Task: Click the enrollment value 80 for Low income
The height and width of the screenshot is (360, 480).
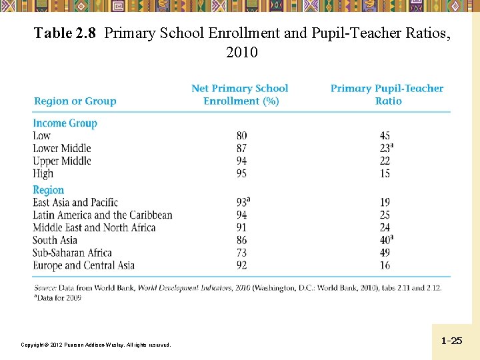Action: tap(241, 136)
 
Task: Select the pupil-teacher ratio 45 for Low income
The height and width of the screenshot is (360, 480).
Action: tap(385, 136)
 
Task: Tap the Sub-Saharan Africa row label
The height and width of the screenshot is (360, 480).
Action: tap(73, 253)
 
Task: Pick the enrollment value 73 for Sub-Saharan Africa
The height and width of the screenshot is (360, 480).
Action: tap(241, 253)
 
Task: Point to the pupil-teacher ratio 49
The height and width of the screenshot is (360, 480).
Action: tap(385, 253)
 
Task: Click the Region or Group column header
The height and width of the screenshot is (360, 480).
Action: tap(75, 101)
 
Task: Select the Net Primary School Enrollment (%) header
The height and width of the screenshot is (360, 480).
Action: tap(240, 95)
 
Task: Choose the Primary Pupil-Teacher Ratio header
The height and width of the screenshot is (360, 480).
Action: tap(387, 95)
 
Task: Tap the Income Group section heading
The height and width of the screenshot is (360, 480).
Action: tap(65, 123)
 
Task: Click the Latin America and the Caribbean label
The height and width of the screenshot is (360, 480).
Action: tap(103, 215)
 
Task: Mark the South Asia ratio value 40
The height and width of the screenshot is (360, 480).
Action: tap(385, 240)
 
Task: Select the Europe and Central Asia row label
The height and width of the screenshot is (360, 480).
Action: tap(84, 265)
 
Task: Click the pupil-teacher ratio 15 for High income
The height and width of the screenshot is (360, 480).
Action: tap(385, 173)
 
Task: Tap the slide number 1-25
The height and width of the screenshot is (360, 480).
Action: tap(451, 341)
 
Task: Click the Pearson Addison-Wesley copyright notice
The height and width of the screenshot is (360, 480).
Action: tap(96, 345)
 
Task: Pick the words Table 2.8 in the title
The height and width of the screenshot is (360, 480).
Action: tap(66, 33)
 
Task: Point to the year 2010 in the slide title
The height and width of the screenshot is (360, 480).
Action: tap(242, 52)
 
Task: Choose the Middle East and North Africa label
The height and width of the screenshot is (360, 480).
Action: tap(94, 227)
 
